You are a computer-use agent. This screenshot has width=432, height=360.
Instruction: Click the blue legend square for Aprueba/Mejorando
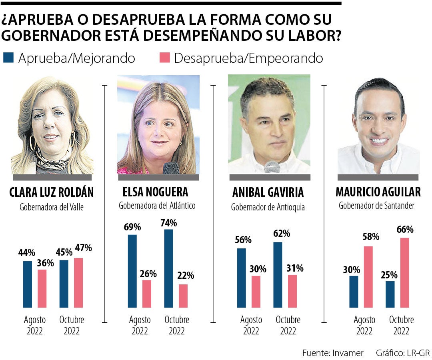coord(8,58)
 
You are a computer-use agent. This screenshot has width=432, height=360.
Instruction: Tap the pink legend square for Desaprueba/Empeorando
coord(165,58)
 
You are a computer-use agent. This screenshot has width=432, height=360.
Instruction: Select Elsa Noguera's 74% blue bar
coord(169,268)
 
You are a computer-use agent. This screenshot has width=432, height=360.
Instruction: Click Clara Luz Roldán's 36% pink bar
coord(42,288)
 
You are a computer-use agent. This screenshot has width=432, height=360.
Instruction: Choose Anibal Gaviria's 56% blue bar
coord(242,278)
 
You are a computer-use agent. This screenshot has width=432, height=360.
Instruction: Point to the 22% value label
coord(186,276)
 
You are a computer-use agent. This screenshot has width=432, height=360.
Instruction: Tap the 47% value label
coord(83,248)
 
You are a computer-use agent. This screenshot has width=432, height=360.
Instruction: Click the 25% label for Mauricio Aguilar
coord(389,275)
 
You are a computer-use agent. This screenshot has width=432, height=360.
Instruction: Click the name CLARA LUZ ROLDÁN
coord(51,192)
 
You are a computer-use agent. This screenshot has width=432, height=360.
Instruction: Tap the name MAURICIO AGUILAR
coord(378,192)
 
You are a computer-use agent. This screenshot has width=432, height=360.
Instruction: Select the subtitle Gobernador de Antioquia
coord(268,207)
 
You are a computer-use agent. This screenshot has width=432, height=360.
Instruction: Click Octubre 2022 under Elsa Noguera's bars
coord(177,325)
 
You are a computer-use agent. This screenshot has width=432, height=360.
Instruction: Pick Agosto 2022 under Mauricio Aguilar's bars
coord(364,325)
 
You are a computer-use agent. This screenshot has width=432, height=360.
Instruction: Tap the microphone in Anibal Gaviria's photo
coord(272,167)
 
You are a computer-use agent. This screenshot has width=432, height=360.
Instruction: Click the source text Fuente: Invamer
coord(333,353)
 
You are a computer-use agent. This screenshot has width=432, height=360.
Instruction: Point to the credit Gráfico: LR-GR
coord(402,353)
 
